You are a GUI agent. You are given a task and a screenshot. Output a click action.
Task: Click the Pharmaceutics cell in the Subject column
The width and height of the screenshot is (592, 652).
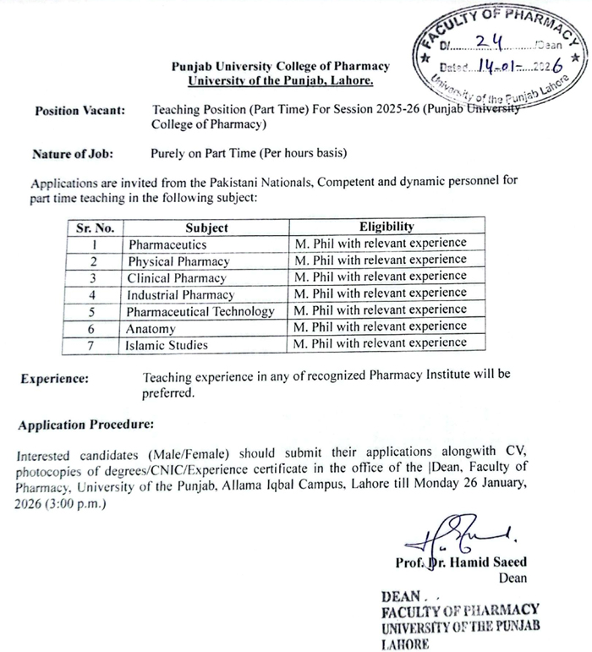click(x=167, y=244)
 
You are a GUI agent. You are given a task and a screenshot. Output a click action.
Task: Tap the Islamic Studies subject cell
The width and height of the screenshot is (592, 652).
click(x=167, y=344)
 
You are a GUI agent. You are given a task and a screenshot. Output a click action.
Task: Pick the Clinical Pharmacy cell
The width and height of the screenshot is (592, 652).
click(x=177, y=277)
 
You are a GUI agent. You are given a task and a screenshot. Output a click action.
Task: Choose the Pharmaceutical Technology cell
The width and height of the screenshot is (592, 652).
click(x=201, y=310)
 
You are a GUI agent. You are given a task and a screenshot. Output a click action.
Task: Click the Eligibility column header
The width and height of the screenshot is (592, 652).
click(x=386, y=227)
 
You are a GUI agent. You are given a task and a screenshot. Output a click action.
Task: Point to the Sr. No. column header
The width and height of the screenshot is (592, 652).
click(x=95, y=227)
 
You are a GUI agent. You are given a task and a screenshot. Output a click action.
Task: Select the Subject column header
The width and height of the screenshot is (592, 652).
click(x=206, y=227)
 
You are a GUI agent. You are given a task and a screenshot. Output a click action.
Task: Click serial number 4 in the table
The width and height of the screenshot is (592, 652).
click(x=95, y=294)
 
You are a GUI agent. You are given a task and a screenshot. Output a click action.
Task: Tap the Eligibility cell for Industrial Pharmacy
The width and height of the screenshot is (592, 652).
click(x=381, y=293)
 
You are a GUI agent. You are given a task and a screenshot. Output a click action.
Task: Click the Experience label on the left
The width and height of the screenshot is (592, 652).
click(x=54, y=379)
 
